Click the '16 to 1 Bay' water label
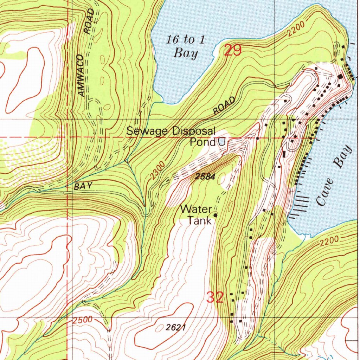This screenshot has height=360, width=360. (x=186, y=46)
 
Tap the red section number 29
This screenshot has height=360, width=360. (x=232, y=51)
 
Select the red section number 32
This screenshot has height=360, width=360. (x=215, y=298)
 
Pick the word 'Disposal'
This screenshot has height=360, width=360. (x=194, y=131)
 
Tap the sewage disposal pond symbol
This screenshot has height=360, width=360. (x=222, y=142)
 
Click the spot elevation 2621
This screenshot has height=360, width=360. (x=176, y=327)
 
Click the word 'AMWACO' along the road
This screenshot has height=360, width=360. (x=81, y=76)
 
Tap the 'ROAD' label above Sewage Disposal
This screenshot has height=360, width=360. (x=224, y=105)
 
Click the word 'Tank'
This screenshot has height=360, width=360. (x=199, y=220)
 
